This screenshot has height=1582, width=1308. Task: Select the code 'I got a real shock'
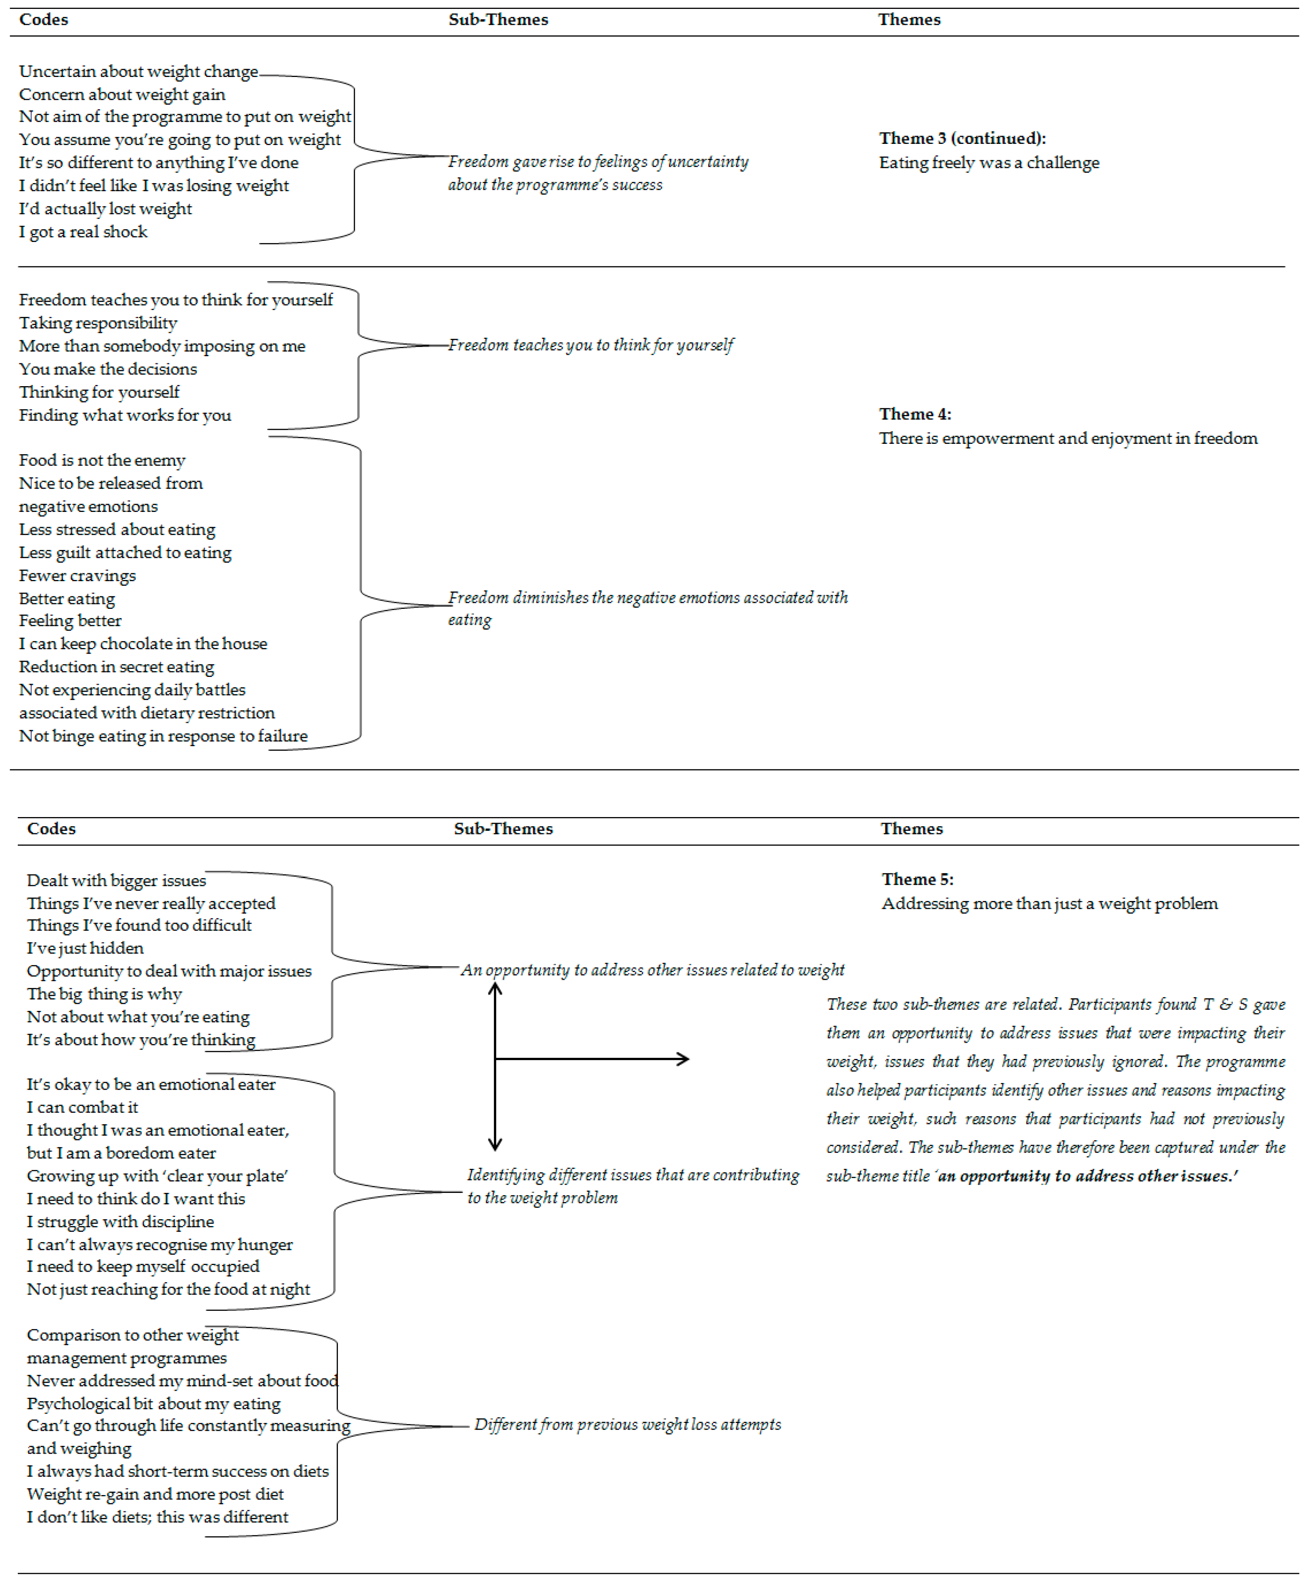coord(83,232)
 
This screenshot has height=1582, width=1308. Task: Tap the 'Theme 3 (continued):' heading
coord(962,139)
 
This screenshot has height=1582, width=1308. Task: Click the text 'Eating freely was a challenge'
coord(989,163)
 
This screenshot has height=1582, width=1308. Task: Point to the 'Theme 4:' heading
coord(915,414)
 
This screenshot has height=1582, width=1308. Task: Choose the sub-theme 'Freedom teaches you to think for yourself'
coord(591,345)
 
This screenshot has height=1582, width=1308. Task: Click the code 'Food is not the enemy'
coord(102,460)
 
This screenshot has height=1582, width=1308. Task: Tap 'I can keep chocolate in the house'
coord(142,644)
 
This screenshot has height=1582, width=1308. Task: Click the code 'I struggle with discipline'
coord(120,1222)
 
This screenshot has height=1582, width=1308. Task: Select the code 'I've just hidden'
coord(85,948)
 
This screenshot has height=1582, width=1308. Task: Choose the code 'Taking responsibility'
coord(98,323)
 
